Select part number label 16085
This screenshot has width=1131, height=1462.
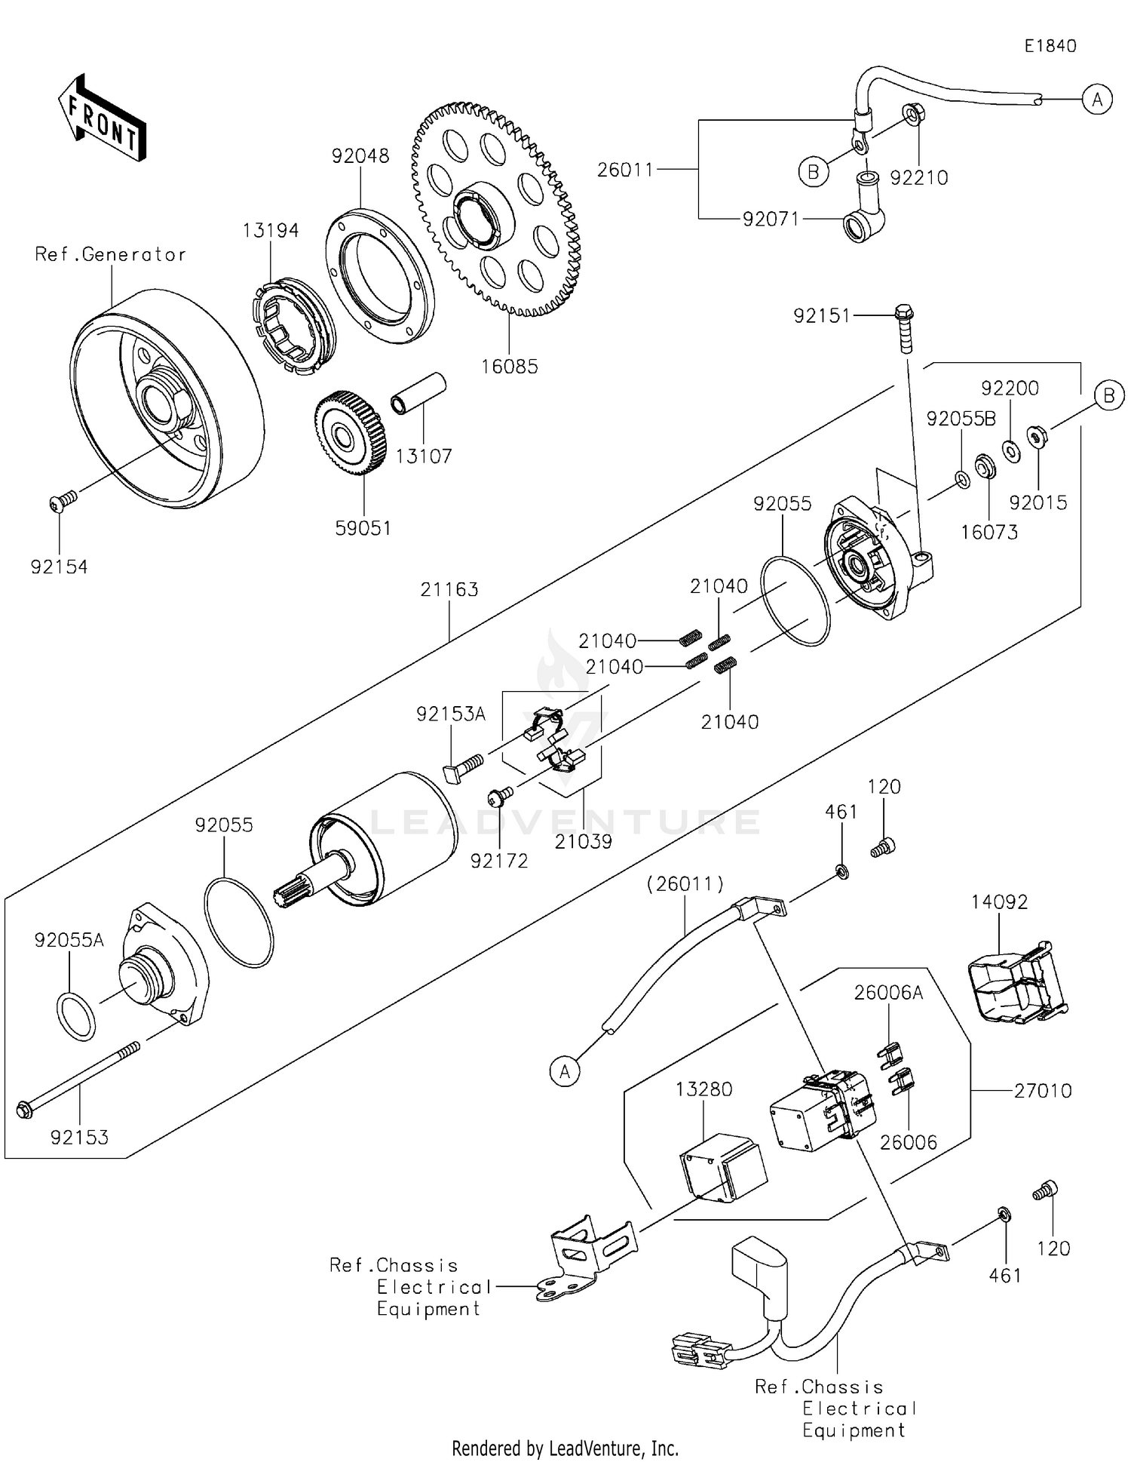point(510,367)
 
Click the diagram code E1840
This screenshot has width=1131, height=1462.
point(1050,46)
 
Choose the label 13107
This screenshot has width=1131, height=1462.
point(424,456)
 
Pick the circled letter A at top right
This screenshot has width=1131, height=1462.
point(1096,99)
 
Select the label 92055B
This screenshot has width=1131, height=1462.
point(961,419)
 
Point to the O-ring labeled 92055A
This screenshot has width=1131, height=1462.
point(75,1016)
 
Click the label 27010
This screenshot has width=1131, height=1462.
point(1042,1090)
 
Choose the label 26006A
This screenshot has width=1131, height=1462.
point(887,993)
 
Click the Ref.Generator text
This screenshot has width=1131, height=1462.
point(110,255)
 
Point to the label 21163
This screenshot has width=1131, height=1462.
point(449,589)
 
